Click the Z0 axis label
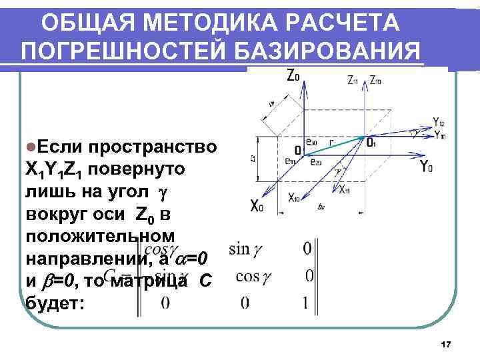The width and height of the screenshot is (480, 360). coord(293,75)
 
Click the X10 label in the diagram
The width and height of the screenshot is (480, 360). coord(294,197)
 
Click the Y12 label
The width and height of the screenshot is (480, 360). coord(439,122)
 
